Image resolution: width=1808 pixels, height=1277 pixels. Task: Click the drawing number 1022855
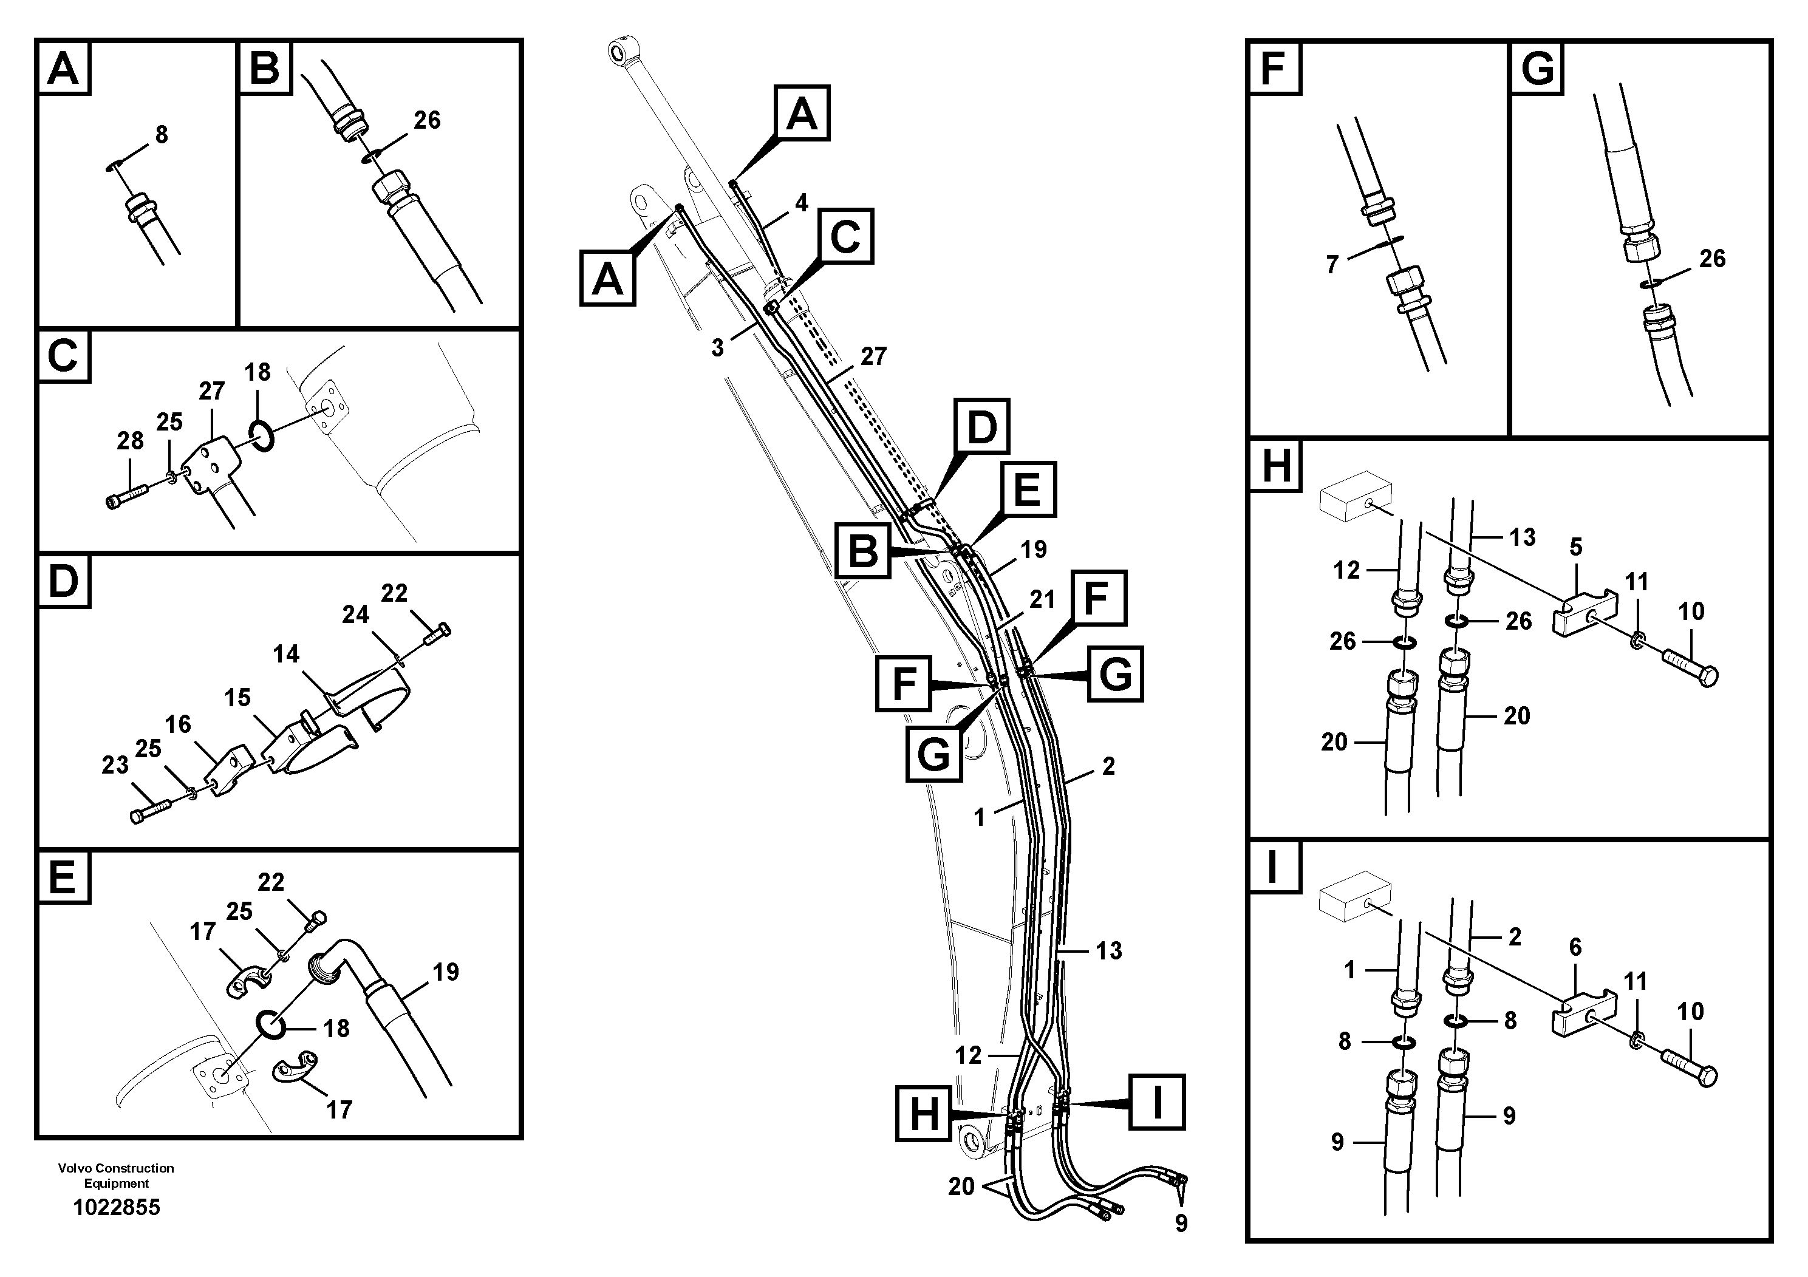pos(117,1208)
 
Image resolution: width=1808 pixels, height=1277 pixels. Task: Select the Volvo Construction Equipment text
pos(116,1176)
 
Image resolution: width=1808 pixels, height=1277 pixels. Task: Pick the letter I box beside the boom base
pos(1157,1102)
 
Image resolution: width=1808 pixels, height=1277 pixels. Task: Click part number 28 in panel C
pos(130,441)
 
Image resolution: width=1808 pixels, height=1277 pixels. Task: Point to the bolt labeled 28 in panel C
pos(126,496)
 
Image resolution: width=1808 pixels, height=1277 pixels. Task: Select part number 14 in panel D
pos(286,654)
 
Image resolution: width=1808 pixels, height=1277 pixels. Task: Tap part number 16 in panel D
pos(178,724)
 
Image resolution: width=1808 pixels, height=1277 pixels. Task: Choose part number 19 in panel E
pos(446,972)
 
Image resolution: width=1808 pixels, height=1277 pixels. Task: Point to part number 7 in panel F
pos(1332,265)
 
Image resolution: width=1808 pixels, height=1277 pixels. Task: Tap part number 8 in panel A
pos(162,135)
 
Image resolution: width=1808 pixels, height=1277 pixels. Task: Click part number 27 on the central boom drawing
pos(873,356)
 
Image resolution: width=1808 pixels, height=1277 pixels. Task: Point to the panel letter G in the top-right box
pos(1537,69)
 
